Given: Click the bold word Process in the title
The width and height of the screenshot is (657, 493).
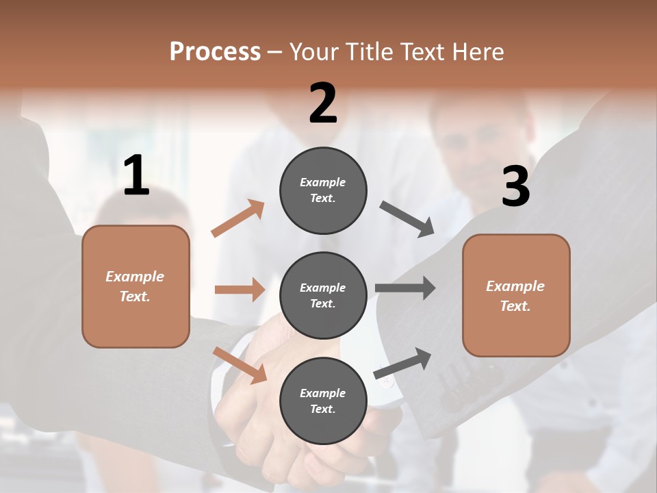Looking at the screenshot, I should click(215, 52).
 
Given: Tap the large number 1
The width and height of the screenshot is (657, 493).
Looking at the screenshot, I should click(136, 176).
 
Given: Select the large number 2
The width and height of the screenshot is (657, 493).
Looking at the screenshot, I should click(323, 103).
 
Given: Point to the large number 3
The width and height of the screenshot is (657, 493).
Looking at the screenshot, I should click(515, 186).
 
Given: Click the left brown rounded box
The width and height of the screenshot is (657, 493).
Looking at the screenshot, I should click(136, 286).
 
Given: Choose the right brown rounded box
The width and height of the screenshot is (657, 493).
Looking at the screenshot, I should click(516, 295).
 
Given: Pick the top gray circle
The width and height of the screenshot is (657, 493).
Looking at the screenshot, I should click(323, 190).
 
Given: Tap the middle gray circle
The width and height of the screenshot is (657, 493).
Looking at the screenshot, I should click(323, 295).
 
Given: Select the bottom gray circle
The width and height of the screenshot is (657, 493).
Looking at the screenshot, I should click(323, 401).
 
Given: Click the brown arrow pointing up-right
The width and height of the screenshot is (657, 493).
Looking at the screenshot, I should click(237, 218).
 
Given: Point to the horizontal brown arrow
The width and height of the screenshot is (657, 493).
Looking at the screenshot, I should click(240, 290).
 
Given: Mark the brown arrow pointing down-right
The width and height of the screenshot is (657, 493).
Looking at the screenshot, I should click(240, 364).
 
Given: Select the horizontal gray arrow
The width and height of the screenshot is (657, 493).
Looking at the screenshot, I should click(405, 288).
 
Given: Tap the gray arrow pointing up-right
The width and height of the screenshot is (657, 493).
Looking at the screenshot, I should click(402, 363).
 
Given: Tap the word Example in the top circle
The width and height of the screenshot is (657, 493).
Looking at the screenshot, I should click(322, 182).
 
